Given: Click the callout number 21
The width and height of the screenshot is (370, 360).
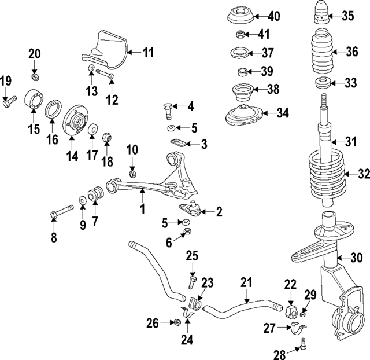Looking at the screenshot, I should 247,282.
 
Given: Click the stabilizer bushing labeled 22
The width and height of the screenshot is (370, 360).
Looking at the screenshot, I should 290,310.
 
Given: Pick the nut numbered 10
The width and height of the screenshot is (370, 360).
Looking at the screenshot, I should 132,172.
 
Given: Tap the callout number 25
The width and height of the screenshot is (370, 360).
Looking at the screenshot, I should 192,255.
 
